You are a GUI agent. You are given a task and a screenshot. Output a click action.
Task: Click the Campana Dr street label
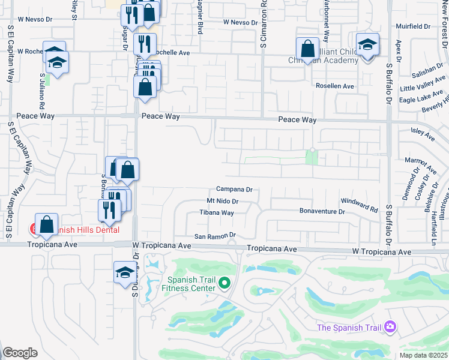[234, 189]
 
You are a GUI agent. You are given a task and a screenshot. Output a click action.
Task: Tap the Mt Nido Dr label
[222, 201]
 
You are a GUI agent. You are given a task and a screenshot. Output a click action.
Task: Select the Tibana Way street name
[217, 212]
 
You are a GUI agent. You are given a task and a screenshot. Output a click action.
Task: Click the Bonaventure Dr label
[322, 211]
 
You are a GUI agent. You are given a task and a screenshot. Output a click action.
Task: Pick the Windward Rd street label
[359, 205]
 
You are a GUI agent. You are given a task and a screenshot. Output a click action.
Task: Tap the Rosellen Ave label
[334, 86]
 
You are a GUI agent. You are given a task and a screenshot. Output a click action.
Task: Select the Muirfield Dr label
[414, 26]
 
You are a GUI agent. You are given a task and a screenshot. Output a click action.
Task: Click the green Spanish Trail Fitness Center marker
[224, 282]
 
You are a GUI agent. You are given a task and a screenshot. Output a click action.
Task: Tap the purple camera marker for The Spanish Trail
[390, 327]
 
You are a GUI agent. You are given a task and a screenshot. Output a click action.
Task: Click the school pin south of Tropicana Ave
[125, 272]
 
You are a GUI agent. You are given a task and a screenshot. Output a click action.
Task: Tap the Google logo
[20, 353]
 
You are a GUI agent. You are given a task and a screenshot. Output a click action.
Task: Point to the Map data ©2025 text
[424, 355]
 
